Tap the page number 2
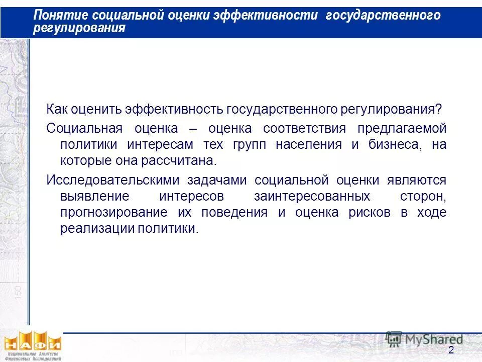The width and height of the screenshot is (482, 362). pos(451,350)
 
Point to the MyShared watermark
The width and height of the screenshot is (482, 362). pos(425,339)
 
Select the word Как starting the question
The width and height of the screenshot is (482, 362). pos(57,109)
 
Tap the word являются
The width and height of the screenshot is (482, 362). pos(416,180)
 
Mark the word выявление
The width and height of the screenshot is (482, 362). pos(94,196)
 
